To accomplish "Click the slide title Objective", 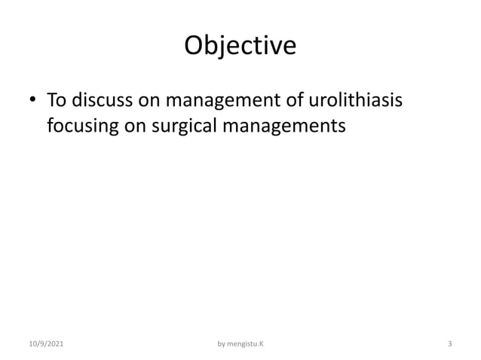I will point(240,46).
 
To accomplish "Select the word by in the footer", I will point(221,344).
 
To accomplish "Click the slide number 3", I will point(449,344).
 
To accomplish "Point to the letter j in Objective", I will point(227,47).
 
